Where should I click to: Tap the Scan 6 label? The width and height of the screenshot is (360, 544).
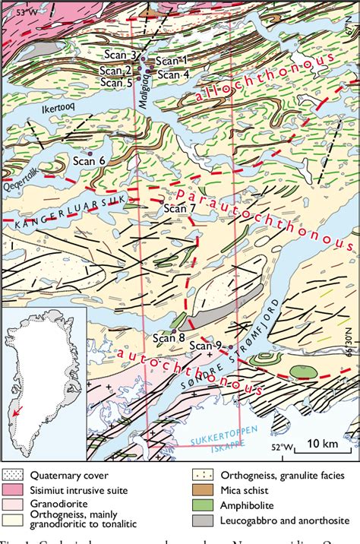[x=89, y=160]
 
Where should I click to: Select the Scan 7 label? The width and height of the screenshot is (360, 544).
[x=180, y=208]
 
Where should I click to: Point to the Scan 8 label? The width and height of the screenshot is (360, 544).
[x=169, y=338]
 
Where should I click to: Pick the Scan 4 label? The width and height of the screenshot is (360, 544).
[x=174, y=74]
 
